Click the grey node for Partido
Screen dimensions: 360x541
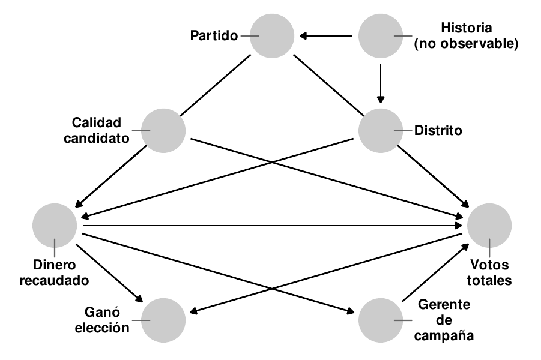(272, 36)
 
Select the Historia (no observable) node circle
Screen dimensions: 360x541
(381, 36)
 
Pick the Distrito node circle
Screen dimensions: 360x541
(381, 130)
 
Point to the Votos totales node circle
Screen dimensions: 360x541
(489, 226)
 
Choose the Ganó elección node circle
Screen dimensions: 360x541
(163, 319)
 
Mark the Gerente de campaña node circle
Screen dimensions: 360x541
(381, 319)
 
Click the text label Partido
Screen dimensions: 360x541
(214, 36)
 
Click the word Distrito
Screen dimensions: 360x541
(438, 130)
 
